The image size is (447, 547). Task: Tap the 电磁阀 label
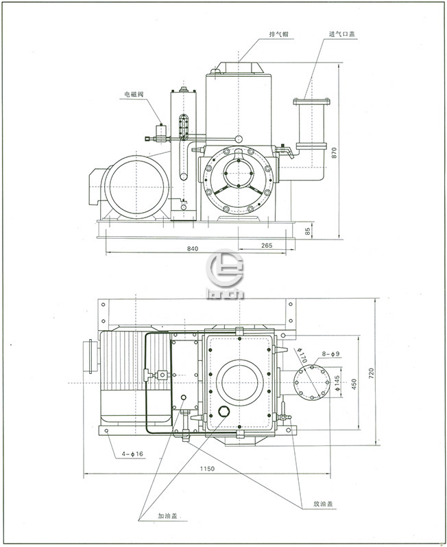click(x=134, y=94)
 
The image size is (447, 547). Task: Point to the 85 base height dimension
click(x=308, y=232)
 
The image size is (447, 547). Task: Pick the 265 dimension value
click(x=267, y=245)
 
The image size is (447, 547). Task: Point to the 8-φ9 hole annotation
click(x=330, y=354)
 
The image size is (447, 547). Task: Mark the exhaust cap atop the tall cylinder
click(x=239, y=67)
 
